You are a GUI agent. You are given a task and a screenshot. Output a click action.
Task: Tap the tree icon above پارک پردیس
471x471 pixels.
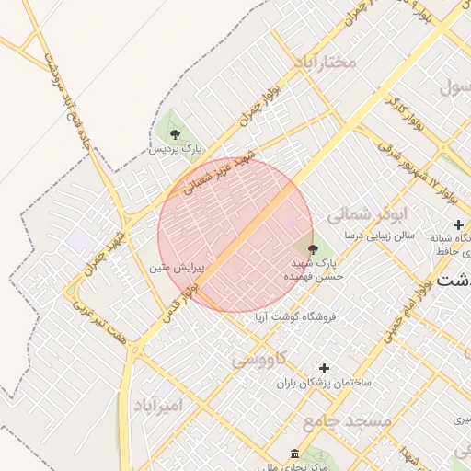[x=175, y=134]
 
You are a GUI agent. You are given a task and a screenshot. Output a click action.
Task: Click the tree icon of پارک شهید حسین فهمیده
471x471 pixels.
[x=312, y=248]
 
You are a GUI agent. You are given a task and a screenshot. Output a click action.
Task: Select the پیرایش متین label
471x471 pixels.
[x=173, y=269]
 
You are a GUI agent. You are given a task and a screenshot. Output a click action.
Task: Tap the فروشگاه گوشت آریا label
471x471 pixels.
[x=296, y=316]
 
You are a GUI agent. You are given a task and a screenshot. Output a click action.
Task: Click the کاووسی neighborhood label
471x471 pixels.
[x=260, y=357]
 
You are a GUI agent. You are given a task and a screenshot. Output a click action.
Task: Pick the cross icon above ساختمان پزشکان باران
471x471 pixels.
[x=323, y=368]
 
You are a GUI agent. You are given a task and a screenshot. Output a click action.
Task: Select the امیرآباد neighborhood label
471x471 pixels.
[x=159, y=406]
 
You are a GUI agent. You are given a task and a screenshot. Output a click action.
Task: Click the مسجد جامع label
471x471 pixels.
[x=347, y=420]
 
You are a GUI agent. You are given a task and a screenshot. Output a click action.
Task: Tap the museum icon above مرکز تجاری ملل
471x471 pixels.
[x=293, y=455]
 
